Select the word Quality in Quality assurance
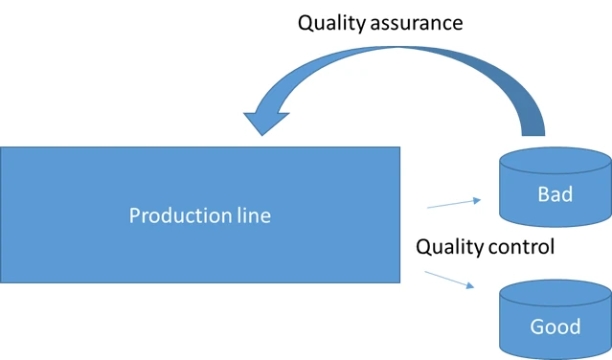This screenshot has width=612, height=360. [x=331, y=23]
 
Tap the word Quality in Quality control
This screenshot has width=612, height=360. [x=449, y=247]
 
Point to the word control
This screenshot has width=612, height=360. [x=521, y=247]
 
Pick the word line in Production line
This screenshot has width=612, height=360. [x=250, y=215]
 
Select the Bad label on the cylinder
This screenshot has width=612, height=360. [x=555, y=194]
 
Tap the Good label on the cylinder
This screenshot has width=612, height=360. [x=555, y=326]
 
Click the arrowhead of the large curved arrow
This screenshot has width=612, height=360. [x=262, y=120]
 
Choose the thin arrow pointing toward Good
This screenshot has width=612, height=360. [x=448, y=280]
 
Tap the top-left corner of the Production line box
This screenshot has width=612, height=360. [x=1, y=147]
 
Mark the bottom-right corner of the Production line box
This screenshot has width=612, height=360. [x=399, y=281]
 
